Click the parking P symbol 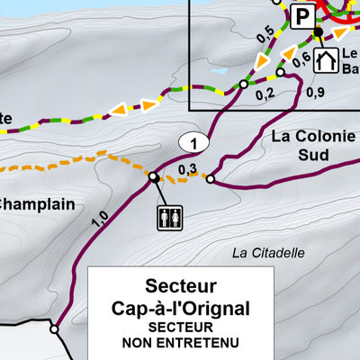coord(303,13)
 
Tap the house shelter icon coord(325,60)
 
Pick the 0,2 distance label coord(265,93)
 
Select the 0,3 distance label coord(187,168)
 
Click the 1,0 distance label coord(100,217)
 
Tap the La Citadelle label coord(269,253)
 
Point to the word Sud coord(310,156)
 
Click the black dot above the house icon coord(318,33)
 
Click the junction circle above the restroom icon coord(154,176)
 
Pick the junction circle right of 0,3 coord(211,179)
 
